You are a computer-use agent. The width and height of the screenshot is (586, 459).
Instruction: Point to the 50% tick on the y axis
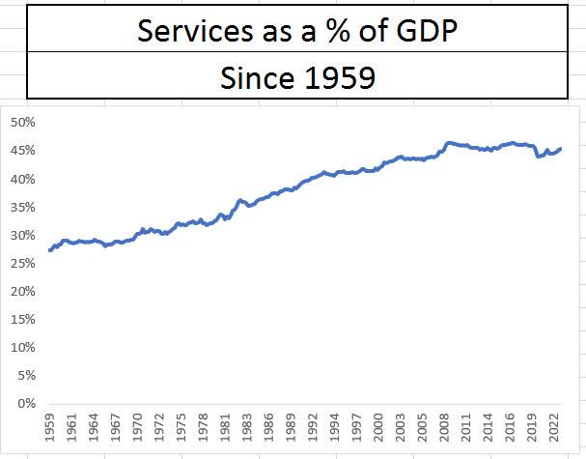tap(23, 123)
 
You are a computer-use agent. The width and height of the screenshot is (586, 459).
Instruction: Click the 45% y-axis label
tap(23, 151)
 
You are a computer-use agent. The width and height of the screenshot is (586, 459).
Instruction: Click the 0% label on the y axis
tap(26, 403)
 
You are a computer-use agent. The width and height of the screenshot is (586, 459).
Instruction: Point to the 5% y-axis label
tap(26, 375)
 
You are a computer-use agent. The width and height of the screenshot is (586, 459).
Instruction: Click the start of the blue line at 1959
tap(49, 250)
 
